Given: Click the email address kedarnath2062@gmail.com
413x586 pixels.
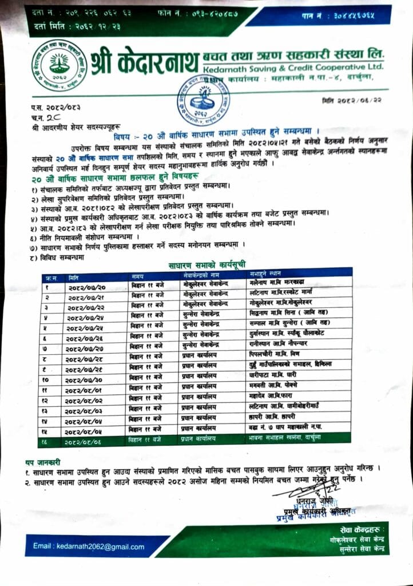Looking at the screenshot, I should (88, 547).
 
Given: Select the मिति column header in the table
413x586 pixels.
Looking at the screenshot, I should (74, 277).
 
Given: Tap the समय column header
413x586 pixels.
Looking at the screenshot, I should (137, 277).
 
